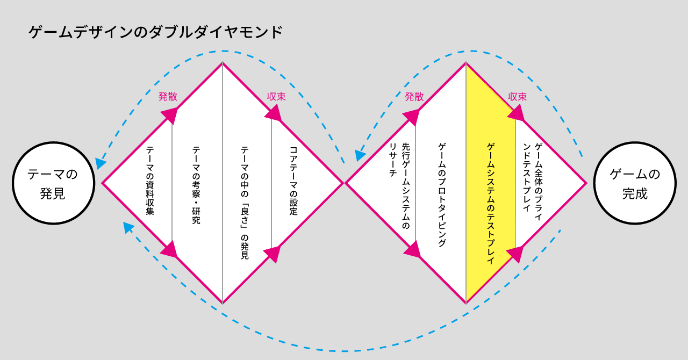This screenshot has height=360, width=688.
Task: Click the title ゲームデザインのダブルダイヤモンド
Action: (155, 33)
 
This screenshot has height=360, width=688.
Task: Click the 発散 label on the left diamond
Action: (168, 97)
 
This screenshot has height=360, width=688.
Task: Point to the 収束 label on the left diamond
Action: (276, 97)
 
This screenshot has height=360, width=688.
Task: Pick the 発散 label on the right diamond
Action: (414, 97)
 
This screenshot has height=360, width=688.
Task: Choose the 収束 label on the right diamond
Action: (518, 97)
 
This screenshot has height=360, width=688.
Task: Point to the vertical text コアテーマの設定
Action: (293, 181)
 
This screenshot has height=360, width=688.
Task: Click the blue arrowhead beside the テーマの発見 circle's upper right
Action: (100, 163)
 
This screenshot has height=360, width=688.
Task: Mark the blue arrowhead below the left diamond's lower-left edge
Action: (128, 227)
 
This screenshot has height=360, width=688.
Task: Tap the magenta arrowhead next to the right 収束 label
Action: (516, 112)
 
